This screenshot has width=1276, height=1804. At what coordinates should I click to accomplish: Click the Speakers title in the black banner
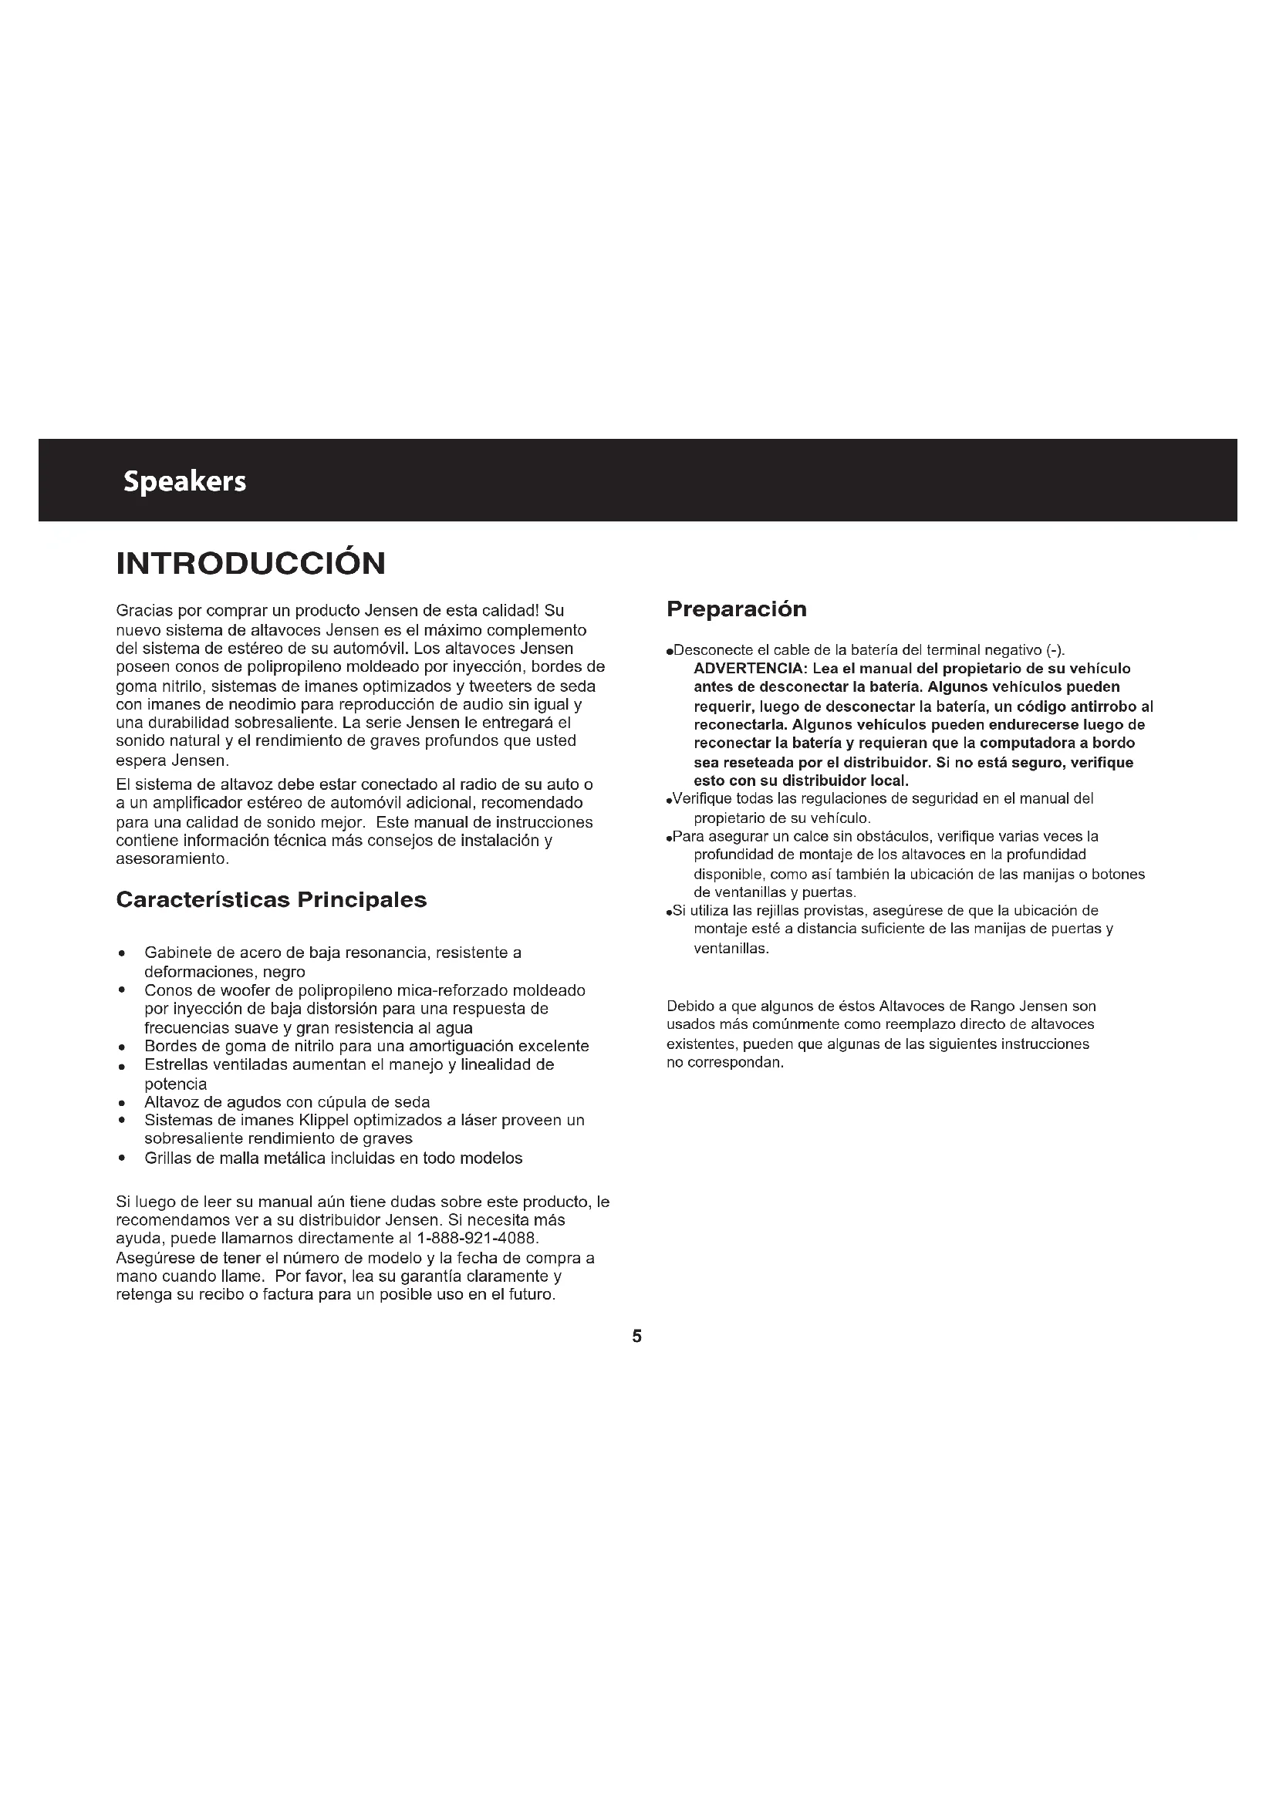tap(184, 481)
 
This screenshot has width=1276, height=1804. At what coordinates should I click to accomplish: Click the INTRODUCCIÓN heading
tap(251, 563)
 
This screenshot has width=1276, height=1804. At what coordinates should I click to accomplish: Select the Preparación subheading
tap(736, 609)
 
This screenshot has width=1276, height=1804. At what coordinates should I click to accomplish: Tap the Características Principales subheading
tap(271, 899)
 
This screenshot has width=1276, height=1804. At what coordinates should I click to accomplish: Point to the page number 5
tap(637, 1337)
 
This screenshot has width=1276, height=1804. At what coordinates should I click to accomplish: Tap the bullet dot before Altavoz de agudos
tap(122, 1103)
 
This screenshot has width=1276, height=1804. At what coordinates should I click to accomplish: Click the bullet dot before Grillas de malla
tap(122, 1159)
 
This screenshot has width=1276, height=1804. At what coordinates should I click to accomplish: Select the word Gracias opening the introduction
tap(143, 611)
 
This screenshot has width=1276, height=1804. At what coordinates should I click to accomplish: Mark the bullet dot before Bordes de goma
tap(122, 1047)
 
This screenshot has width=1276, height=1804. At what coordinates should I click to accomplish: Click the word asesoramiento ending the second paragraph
tap(171, 858)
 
